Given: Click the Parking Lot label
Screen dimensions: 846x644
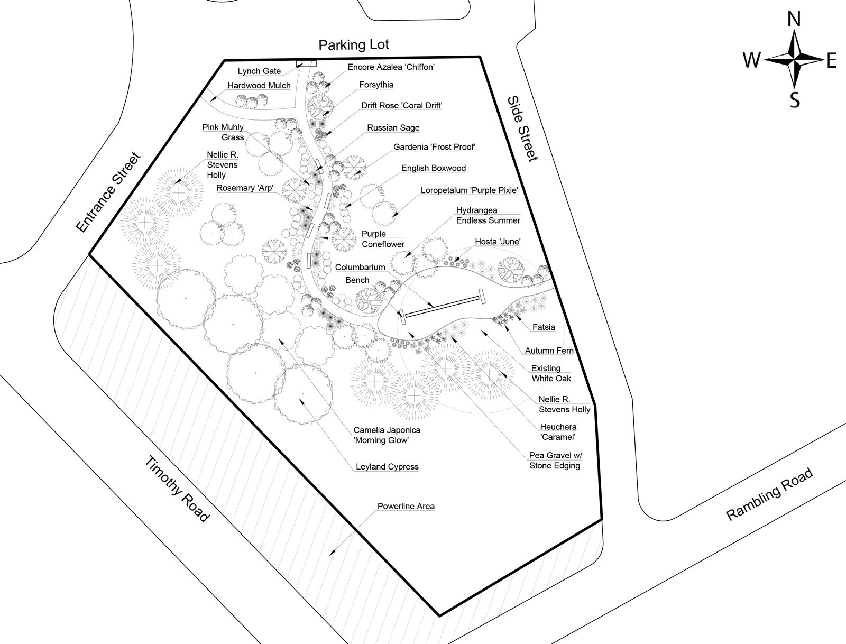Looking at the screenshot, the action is click(353, 45).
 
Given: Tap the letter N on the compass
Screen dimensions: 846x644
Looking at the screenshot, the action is click(794, 19).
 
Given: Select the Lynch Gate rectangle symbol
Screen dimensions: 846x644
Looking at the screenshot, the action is click(306, 63).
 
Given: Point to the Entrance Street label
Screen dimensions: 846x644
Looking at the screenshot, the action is click(109, 192).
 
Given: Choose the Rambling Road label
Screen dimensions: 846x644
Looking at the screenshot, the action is click(769, 494).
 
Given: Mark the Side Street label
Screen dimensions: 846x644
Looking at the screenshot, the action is click(522, 128).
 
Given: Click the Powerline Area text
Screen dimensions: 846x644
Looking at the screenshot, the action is click(406, 506).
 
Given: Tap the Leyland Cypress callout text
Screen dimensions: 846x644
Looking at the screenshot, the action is click(387, 467).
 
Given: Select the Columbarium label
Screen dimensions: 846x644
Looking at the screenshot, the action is click(360, 267).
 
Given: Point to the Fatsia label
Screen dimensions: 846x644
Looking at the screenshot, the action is click(544, 327).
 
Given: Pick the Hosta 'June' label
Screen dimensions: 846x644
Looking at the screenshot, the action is click(498, 242).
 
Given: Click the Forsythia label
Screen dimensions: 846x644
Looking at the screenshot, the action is click(376, 85).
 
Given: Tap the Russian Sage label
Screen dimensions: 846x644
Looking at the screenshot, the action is click(393, 127).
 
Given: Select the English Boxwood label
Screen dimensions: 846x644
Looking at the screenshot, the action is click(433, 168).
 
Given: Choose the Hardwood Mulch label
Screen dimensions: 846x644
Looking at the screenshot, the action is click(259, 86).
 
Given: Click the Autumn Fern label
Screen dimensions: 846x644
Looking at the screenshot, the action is click(549, 351).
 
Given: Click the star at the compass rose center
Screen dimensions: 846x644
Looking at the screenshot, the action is click(794, 60).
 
